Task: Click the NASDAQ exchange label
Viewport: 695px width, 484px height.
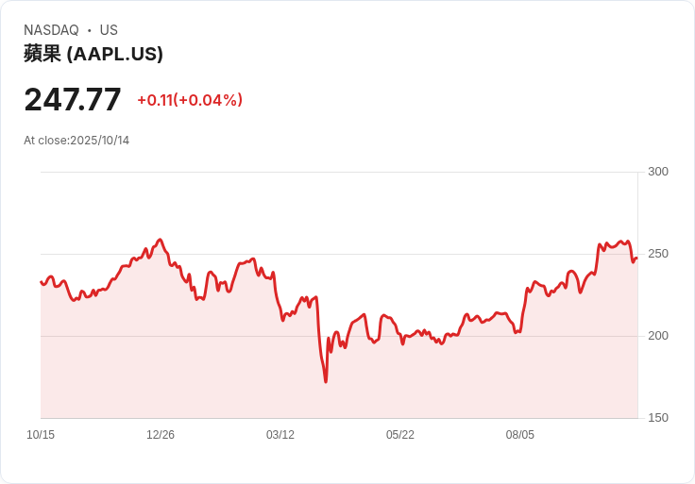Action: coord(51,30)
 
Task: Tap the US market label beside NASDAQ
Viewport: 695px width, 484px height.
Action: coord(109,30)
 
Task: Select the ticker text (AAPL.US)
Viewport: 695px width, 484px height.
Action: coord(115,54)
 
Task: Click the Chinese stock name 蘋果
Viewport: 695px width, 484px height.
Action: coord(42,54)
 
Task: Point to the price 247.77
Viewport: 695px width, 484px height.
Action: coord(73,99)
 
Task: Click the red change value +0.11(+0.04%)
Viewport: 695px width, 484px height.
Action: coord(190,100)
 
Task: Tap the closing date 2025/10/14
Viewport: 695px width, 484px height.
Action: coord(100,141)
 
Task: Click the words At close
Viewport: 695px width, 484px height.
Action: coord(45,141)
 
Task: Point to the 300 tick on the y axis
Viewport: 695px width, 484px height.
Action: coord(658,172)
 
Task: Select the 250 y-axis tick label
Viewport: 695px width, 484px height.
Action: coord(658,254)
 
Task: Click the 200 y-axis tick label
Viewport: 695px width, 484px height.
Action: coord(658,336)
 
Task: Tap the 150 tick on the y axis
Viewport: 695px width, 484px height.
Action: coord(658,418)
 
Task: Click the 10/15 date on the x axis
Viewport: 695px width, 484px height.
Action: coord(41,435)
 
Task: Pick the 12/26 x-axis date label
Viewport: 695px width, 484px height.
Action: coord(161,435)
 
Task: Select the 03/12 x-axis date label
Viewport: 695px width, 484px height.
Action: coord(280,435)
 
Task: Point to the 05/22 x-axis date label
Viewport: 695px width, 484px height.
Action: coord(400,435)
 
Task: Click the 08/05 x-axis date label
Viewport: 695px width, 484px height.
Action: coord(520,435)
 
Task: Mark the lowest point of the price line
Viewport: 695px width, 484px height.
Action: coord(326,381)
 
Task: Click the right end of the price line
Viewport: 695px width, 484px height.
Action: coord(637,258)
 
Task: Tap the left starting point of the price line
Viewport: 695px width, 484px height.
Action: coord(41,281)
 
